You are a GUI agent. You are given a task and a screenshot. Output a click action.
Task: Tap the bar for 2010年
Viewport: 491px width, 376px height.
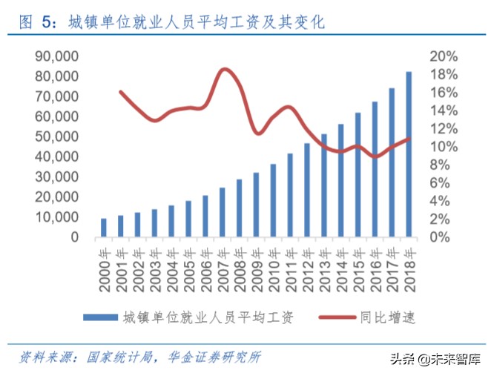(x=273, y=200)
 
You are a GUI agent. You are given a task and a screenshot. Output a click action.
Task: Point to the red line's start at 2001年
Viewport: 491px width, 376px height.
(x=120, y=92)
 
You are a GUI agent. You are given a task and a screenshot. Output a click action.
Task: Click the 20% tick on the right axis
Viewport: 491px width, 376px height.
(x=444, y=56)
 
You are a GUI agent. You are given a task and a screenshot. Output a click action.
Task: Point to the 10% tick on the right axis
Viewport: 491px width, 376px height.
(x=444, y=147)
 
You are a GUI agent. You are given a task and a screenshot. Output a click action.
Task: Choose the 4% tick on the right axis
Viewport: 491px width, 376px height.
(x=442, y=201)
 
